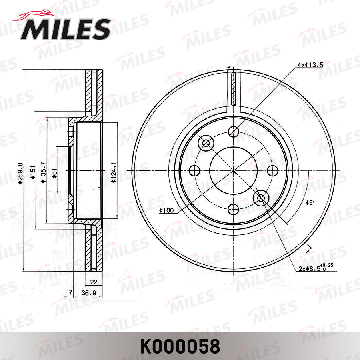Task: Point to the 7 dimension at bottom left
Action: [70, 293]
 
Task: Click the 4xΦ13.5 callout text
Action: [310, 64]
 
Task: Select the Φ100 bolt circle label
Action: [165, 211]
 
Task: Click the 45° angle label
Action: [310, 203]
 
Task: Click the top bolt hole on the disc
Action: [234, 131]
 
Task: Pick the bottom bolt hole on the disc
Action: [234, 209]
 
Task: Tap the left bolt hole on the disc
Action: [195, 170]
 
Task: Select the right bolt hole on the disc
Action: [272, 170]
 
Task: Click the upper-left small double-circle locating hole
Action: [206, 143]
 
